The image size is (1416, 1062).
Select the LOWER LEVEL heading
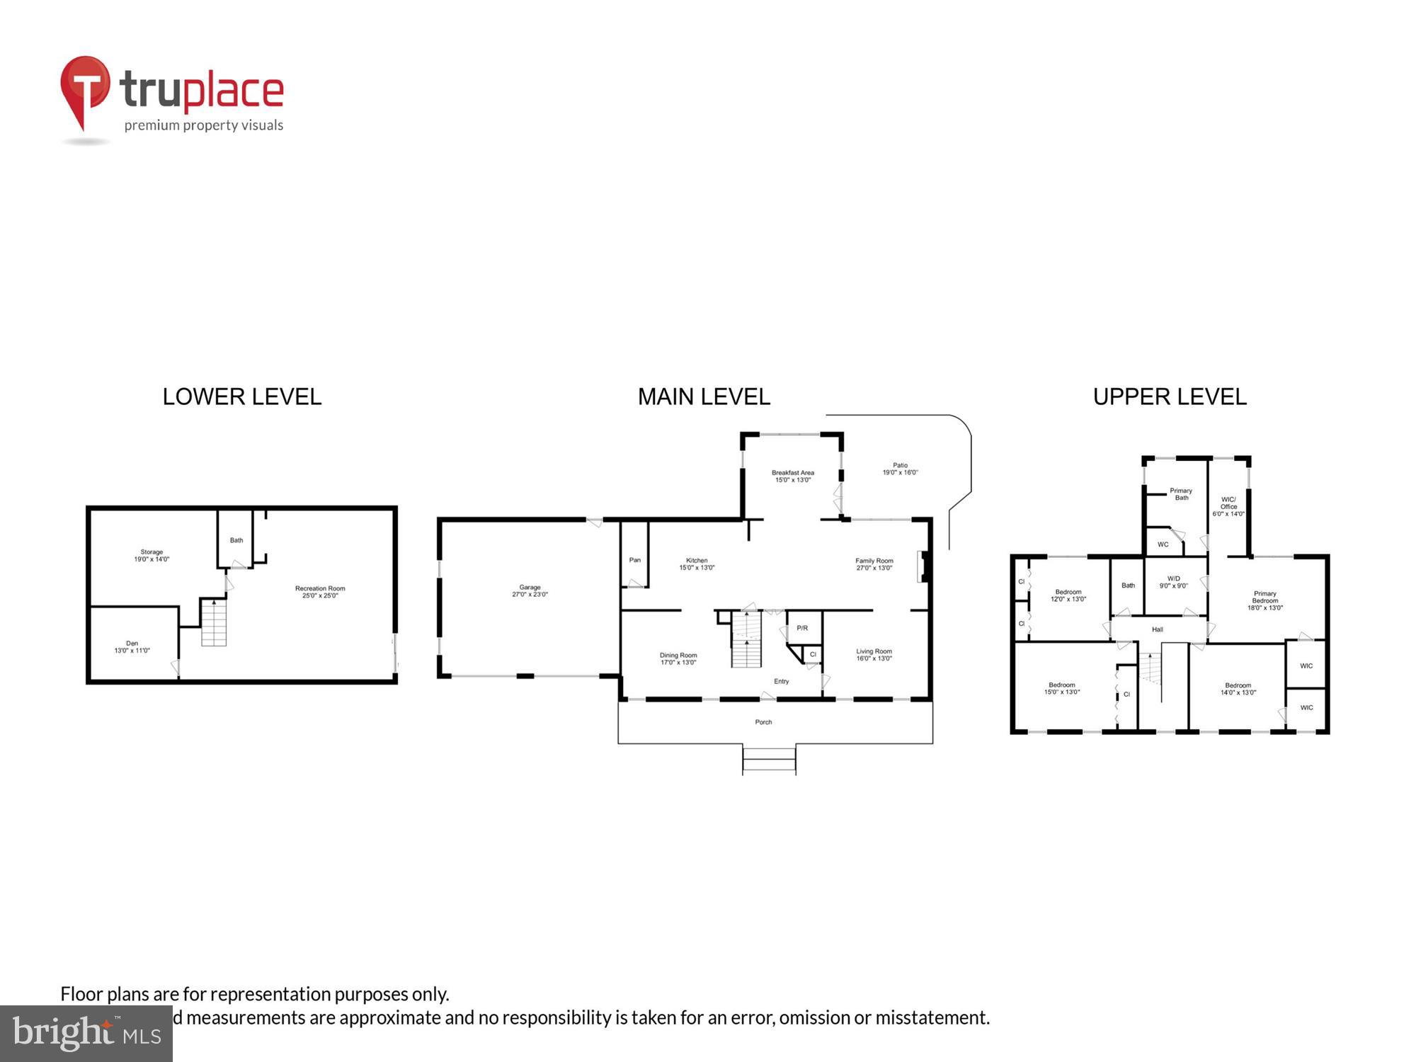click(242, 396)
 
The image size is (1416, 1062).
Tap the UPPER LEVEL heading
click(1170, 396)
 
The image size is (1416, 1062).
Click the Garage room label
click(530, 590)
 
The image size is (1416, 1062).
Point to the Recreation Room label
click(320, 592)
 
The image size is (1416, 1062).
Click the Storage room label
click(152, 555)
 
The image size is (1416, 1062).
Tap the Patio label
click(900, 469)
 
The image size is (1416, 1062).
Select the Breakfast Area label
click(792, 476)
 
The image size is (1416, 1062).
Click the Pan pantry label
click(635, 560)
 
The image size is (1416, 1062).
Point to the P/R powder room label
click(802, 628)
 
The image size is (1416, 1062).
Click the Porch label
click(763, 722)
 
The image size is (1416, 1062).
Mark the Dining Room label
click(678, 658)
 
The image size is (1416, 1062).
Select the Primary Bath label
click(1181, 493)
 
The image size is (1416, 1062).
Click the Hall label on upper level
click(1157, 629)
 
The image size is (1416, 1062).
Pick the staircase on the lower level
click(214, 622)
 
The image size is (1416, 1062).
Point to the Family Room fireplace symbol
click(923, 566)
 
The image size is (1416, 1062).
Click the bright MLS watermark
click(86, 1034)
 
